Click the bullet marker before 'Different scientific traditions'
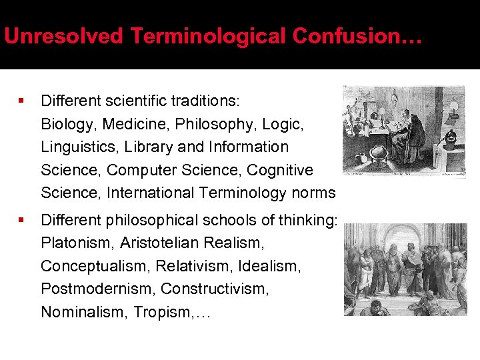pyautogui.click(x=22, y=101)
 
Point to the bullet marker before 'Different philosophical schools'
pyautogui.click(x=22, y=219)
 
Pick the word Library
pyautogui.click(x=144, y=147)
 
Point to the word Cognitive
pyautogui.click(x=280, y=171)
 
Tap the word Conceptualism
pyautogui.click(x=95, y=267)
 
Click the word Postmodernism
pyautogui.click(x=97, y=289)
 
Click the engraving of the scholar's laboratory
pyautogui.click(x=404, y=131)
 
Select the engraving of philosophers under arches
pyautogui.click(x=405, y=269)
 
